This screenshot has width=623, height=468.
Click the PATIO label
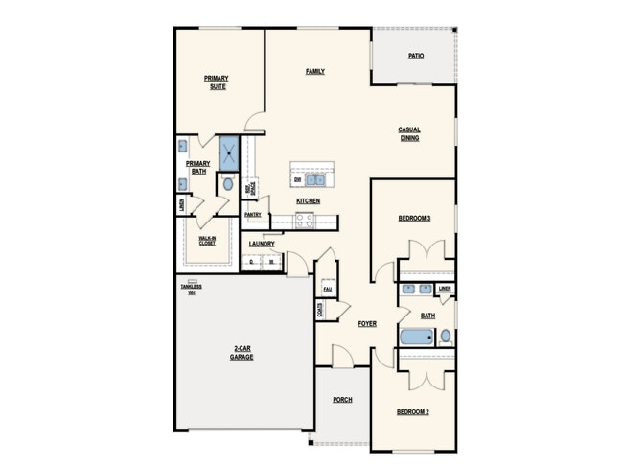pos(415,56)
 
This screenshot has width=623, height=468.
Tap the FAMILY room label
pos(314,72)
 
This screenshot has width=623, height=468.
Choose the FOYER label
pos(367,324)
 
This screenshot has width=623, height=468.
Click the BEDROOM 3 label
pos(414,218)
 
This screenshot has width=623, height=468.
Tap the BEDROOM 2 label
pos(413,411)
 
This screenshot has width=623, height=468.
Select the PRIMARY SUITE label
pos(216,82)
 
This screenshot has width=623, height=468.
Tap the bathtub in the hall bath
pos(417,338)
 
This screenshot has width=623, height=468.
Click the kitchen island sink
pos(315,178)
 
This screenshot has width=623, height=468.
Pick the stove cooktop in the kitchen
pos(304,219)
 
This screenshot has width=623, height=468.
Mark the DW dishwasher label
pos(298,179)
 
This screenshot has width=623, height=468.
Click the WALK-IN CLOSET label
pos(207,241)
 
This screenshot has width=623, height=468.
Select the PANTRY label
pos(253,215)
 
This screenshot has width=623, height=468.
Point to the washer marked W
pos(271,261)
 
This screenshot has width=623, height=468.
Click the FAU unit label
pos(327,288)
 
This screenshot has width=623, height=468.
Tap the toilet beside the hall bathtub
pos(445,337)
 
